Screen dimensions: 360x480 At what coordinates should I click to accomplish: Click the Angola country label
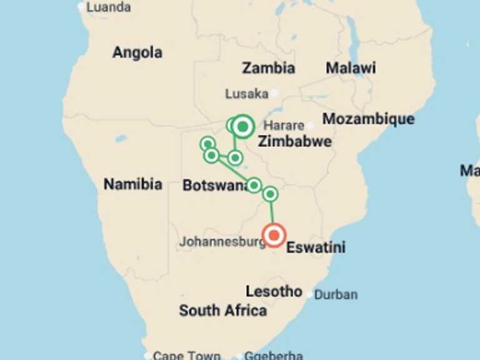click(x=137, y=52)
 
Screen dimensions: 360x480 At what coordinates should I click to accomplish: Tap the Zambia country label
click(x=268, y=68)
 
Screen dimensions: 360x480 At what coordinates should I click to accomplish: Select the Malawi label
click(x=351, y=68)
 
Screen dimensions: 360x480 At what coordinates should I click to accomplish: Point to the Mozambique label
click(x=368, y=119)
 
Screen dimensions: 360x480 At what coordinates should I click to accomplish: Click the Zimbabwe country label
click(x=295, y=141)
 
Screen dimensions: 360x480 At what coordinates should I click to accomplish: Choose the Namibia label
click(x=132, y=184)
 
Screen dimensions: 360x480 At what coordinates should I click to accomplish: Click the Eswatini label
click(x=316, y=247)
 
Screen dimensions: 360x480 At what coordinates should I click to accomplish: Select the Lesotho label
click(x=274, y=291)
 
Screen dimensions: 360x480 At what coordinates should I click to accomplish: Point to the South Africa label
click(x=222, y=311)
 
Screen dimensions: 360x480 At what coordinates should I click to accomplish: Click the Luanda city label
click(x=108, y=7)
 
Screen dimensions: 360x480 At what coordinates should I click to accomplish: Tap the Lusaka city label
click(x=246, y=94)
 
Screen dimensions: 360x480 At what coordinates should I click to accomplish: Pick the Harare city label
click(x=284, y=126)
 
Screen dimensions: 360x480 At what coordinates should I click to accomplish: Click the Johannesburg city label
click(x=222, y=241)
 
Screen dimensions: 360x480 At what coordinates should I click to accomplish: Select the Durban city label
click(x=336, y=294)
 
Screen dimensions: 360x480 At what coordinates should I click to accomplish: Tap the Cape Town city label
click(x=186, y=355)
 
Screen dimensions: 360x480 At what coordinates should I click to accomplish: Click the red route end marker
click(x=274, y=236)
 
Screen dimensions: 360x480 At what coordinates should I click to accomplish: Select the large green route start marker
click(x=242, y=126)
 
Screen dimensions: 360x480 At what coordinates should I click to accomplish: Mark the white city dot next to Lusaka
click(x=274, y=94)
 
